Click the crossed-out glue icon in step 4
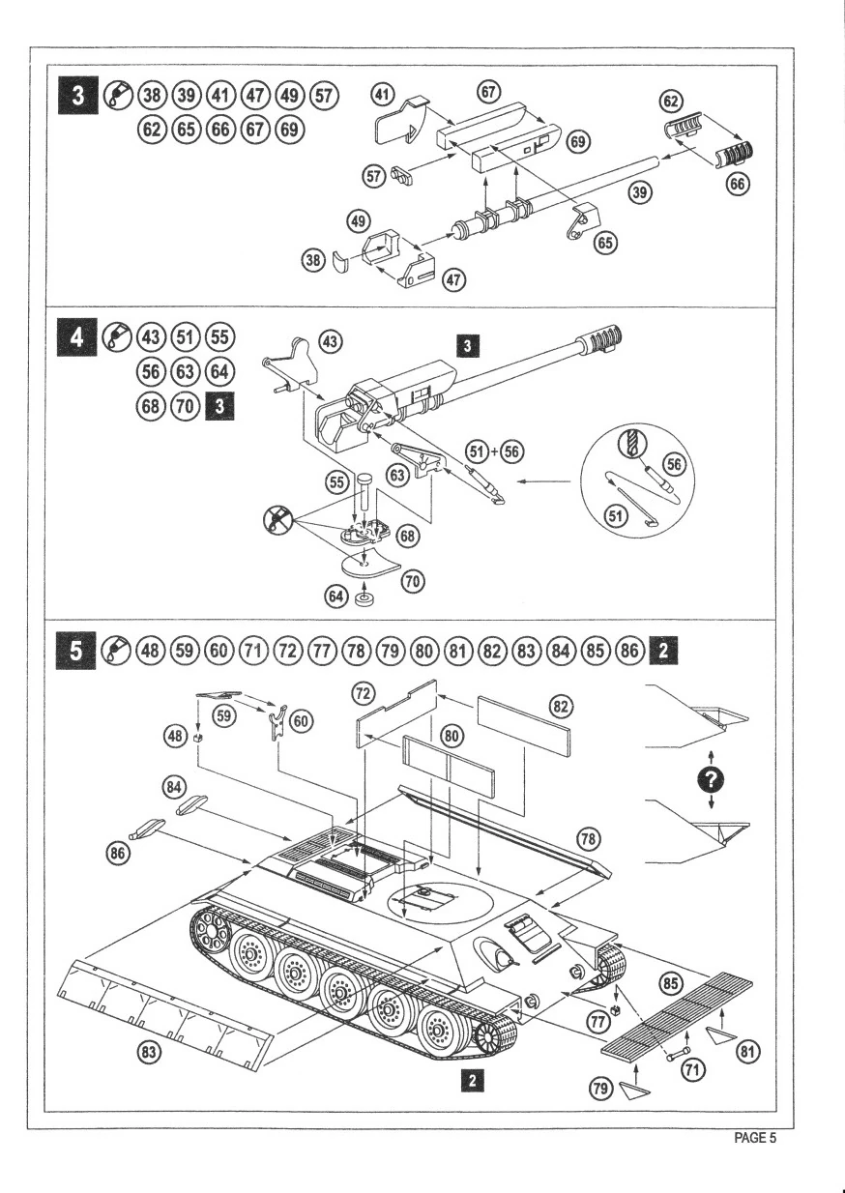276,522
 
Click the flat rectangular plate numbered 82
525,725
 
